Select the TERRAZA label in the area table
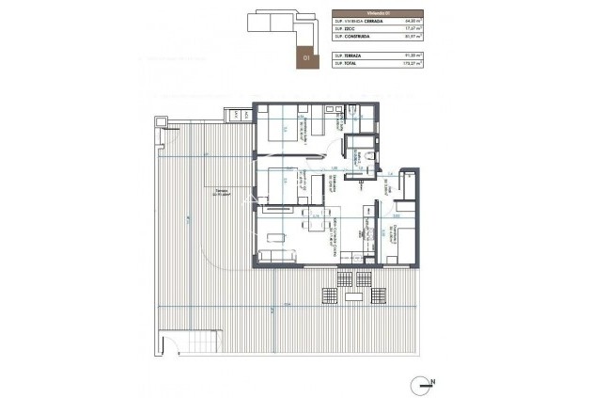[357, 56]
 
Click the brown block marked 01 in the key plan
[305, 52]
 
